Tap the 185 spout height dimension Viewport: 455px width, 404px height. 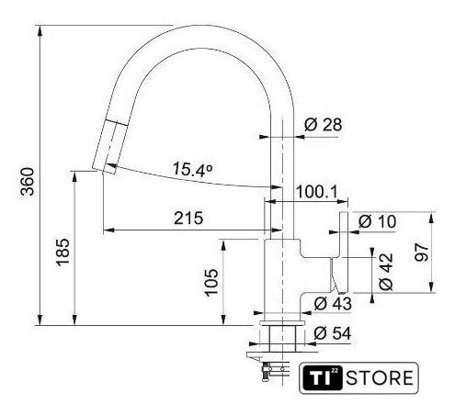[63, 252]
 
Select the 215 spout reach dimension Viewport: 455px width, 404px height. [188, 219]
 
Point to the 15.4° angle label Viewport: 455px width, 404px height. [192, 170]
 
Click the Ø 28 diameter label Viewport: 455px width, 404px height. [323, 125]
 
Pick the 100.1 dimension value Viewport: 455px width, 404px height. [316, 192]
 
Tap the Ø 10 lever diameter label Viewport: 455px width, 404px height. [377, 221]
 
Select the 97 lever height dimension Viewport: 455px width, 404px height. [422, 252]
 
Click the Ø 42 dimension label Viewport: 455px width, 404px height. [386, 272]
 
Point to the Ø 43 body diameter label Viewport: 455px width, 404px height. [333, 304]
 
